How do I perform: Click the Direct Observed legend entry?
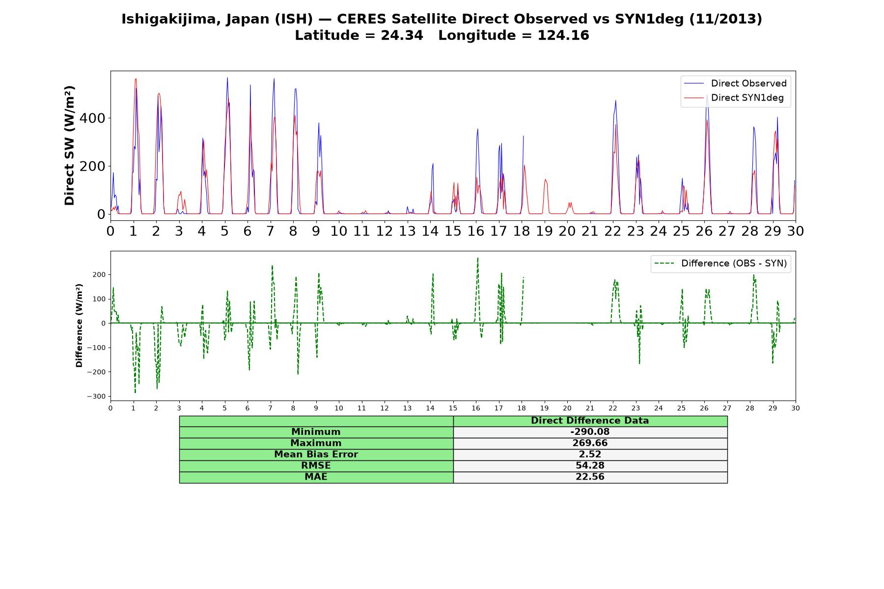[x=735, y=83]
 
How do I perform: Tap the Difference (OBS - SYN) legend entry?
[x=720, y=264]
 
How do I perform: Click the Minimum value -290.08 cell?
[x=590, y=432]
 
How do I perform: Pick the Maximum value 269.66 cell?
[x=590, y=443]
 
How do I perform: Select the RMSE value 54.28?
[x=590, y=466]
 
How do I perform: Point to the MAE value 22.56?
[x=590, y=477]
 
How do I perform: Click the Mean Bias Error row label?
[x=316, y=455]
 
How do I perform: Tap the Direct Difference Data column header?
[x=590, y=421]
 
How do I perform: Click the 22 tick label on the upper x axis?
[x=613, y=231]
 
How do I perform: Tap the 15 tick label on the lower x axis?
[x=453, y=408]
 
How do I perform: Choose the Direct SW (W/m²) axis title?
[x=69, y=146]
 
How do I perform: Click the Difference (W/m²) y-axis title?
[x=79, y=325]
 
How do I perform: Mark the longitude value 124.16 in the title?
[x=563, y=35]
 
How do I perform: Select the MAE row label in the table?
[x=316, y=477]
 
